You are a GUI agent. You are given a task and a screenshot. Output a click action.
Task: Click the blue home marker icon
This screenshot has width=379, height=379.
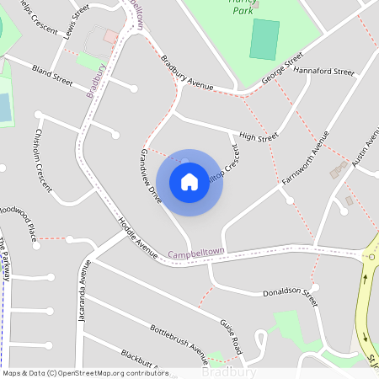coord(189,181)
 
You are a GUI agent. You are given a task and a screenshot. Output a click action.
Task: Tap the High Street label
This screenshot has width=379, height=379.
coord(258,136)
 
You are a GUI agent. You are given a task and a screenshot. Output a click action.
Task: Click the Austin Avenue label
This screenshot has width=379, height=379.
coord(366,152)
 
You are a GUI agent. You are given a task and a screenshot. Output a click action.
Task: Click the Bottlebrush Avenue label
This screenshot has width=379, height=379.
coord(179,337)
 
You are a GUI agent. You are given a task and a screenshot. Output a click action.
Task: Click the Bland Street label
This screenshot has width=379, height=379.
coord(52,69)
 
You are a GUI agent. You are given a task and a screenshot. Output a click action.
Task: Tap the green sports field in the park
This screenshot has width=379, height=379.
coord(264,40)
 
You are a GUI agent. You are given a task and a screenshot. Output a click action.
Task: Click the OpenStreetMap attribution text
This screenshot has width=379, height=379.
coord(83,373)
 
